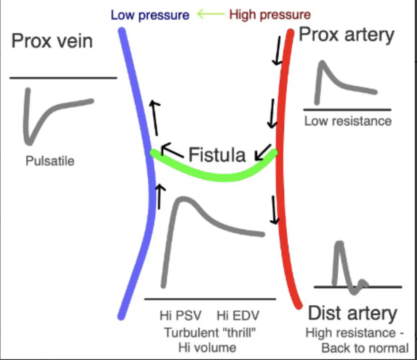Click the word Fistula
(x=217, y=154)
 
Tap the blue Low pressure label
(x=150, y=15)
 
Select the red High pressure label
(x=270, y=15)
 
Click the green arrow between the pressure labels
(x=211, y=14)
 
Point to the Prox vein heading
(x=52, y=41)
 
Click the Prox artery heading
(x=346, y=35)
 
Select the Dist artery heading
(x=353, y=313)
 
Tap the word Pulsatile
(x=50, y=161)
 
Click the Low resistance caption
(x=348, y=121)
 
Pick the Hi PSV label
(x=181, y=316)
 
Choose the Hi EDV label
(x=238, y=316)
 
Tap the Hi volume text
(x=207, y=347)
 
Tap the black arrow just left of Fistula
(x=171, y=150)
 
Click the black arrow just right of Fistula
(x=263, y=153)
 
